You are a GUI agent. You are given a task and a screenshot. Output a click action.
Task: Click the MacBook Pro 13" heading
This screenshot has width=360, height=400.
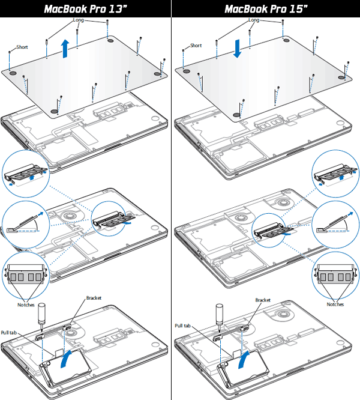click(86, 9)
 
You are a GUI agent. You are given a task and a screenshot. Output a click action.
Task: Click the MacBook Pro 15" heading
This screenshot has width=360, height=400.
click(265, 9)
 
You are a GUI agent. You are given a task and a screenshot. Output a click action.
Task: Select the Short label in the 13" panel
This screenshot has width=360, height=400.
click(22, 47)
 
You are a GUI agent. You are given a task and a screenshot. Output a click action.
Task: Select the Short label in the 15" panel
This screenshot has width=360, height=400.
click(196, 45)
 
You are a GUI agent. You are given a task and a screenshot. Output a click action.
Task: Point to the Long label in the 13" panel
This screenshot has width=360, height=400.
click(79, 20)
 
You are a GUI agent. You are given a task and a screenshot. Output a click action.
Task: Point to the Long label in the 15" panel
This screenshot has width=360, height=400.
click(253, 20)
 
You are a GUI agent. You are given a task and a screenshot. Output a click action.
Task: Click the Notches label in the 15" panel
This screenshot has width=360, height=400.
click(336, 305)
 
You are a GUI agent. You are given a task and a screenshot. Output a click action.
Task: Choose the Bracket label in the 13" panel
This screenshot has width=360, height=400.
click(94, 298)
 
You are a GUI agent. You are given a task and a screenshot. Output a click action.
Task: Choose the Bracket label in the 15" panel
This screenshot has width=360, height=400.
click(263, 300)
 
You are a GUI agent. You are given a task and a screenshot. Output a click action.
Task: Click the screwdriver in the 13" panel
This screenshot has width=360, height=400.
click(43, 316)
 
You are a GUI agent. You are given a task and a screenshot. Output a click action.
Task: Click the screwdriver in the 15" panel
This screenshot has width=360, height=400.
click(220, 316)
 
